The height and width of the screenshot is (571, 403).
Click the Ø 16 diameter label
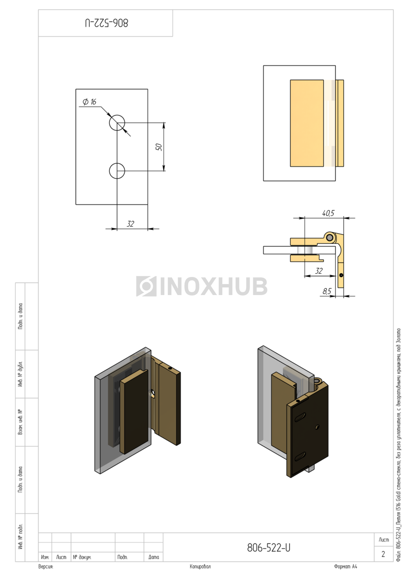pos(89,102)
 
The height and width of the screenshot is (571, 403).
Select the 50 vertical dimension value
pos(159,147)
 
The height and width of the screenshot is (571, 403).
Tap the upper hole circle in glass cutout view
pos(117,123)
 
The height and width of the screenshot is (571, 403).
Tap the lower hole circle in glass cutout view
pos(117,170)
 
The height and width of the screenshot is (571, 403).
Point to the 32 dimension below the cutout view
pos(130,224)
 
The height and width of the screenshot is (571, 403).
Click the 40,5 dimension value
pos(328,213)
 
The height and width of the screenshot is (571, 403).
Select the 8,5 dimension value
pos(326,291)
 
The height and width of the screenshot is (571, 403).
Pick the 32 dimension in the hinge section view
pos(319,271)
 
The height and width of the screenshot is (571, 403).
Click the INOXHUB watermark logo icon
pos(146,286)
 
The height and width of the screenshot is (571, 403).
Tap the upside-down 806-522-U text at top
pos(106,23)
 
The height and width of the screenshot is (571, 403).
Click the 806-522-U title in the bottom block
pos(269,548)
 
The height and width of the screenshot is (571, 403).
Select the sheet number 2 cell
pos(383,554)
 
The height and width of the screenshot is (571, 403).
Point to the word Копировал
pos(200,567)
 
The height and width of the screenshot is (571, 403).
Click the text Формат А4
pos(345,567)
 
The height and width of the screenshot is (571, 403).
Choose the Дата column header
pos(153,557)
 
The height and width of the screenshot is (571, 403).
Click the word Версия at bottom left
pos(46,567)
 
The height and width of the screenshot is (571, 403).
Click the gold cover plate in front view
pos(307,123)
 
